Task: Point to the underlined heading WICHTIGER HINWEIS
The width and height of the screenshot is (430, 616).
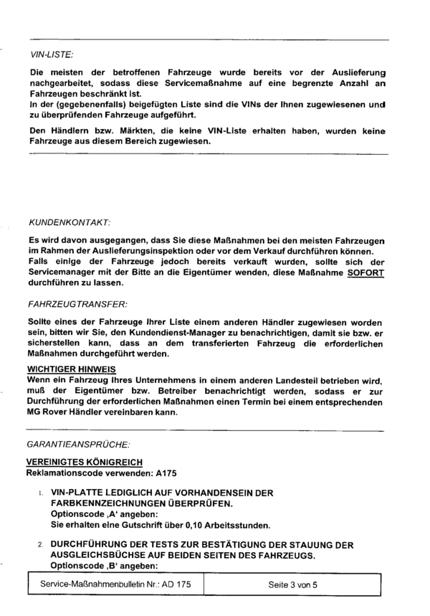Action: coord(66,370)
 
